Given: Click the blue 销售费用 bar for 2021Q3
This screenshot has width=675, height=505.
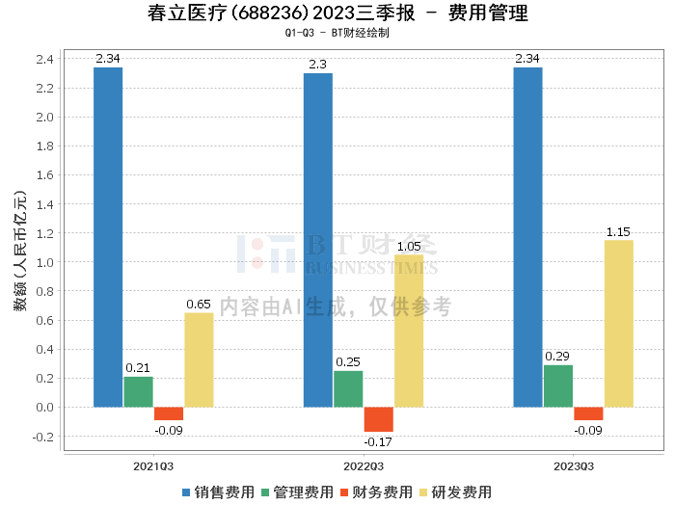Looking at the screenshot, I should [108, 237].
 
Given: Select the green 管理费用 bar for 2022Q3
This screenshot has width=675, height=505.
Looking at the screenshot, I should [348, 388].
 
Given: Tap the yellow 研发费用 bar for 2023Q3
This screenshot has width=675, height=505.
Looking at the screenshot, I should [619, 323].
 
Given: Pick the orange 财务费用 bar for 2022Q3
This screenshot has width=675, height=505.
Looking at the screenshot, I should [379, 418].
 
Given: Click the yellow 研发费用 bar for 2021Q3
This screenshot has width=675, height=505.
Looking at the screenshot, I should [199, 359].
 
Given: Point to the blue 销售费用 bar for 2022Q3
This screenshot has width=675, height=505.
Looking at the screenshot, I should [318, 240].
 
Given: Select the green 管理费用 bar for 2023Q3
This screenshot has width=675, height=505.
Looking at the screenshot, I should [558, 385].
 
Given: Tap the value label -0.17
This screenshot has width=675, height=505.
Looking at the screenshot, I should [378, 442].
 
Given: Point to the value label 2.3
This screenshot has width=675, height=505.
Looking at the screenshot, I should [317, 65].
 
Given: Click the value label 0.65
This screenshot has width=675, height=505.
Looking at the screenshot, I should [199, 305].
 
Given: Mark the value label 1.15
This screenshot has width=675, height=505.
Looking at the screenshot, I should [619, 232].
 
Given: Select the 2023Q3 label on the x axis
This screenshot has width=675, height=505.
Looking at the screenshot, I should [574, 465].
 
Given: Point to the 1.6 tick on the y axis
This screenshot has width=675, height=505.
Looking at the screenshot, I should [44, 175].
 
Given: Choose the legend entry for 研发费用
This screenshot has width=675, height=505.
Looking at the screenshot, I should [459, 492].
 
